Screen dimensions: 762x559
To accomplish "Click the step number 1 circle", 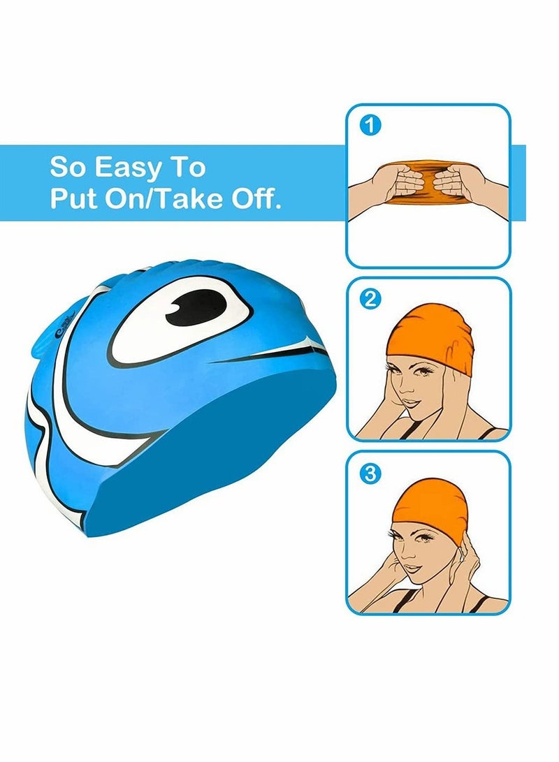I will [370, 126].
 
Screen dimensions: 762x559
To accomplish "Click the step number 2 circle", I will [370, 300].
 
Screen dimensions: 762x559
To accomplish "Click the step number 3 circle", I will [370, 474].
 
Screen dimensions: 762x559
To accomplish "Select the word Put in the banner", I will [73, 199].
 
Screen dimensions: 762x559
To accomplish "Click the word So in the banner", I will [68, 168].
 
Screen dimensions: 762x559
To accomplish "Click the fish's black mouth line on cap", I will [279, 349].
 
